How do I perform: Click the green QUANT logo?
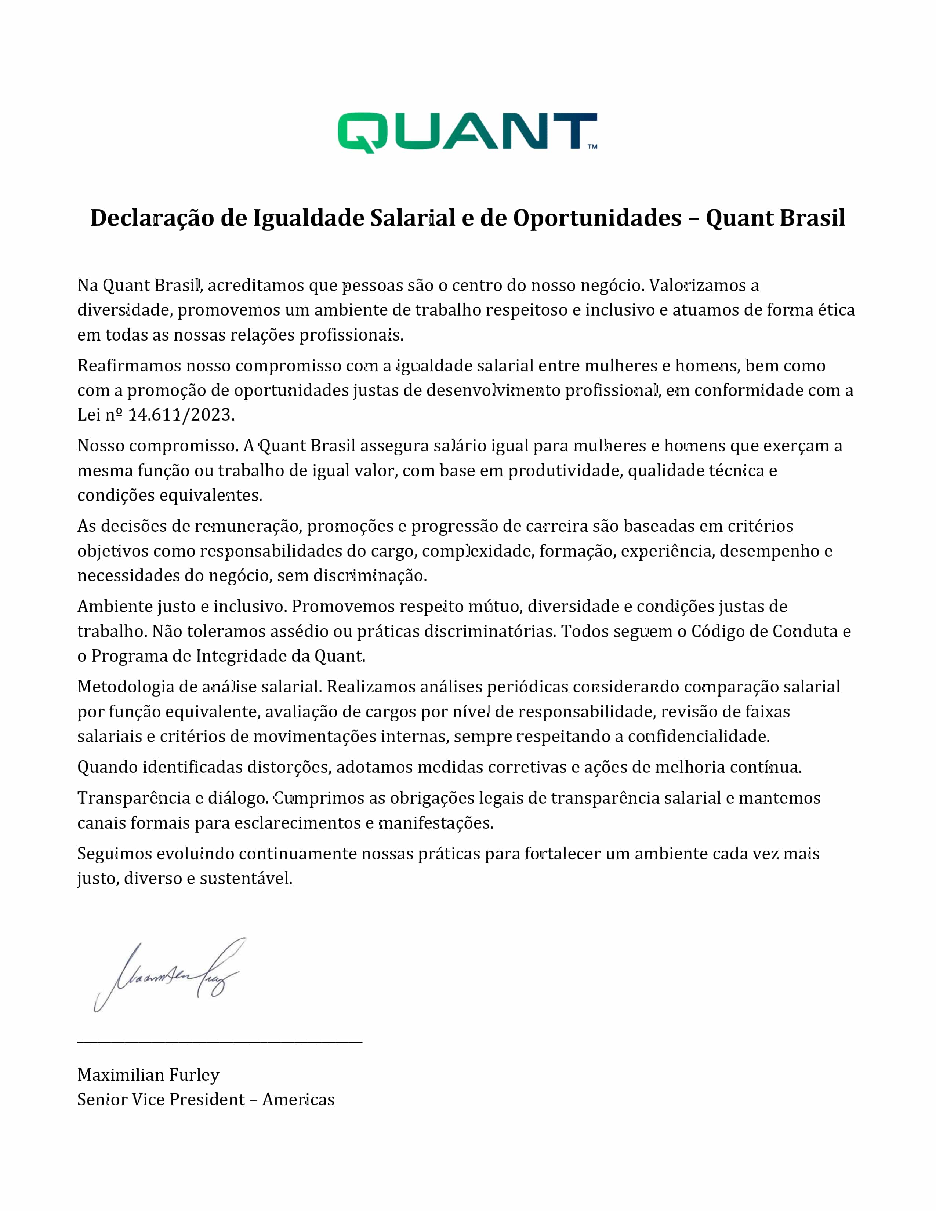pos(467,132)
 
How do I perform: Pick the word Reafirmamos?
pos(128,366)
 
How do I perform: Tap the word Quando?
pos(108,767)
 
